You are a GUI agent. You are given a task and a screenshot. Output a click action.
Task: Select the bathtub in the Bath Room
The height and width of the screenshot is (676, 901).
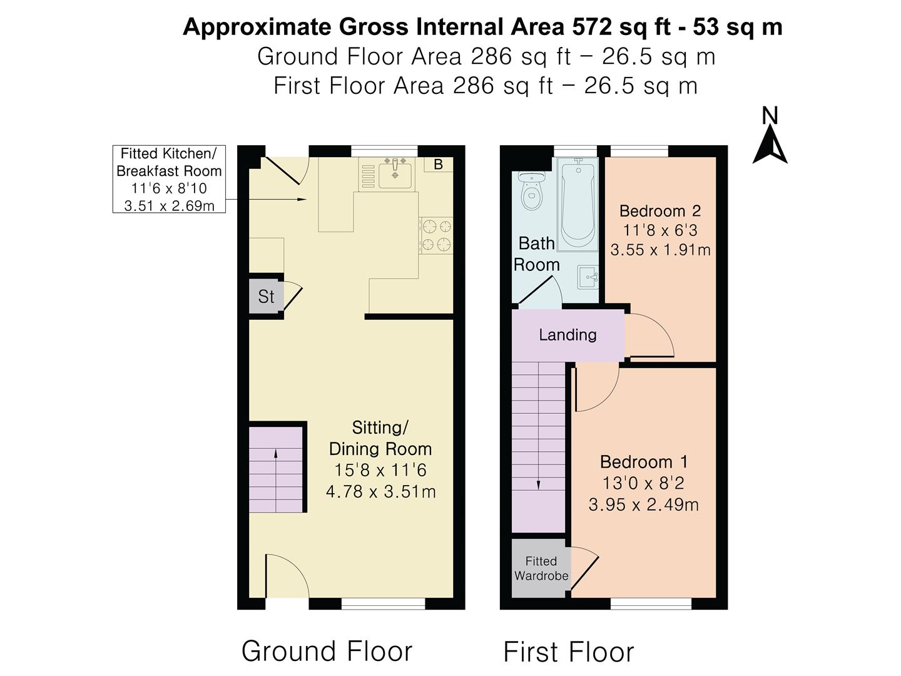(578, 204)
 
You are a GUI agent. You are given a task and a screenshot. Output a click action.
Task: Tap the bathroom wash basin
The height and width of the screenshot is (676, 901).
(588, 277)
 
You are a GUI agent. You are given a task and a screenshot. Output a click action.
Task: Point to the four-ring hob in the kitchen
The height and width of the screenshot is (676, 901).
(436, 235)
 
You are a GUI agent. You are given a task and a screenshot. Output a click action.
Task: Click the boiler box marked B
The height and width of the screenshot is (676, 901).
(439, 164)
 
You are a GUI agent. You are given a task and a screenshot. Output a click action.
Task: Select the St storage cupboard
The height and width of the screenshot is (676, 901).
(266, 296)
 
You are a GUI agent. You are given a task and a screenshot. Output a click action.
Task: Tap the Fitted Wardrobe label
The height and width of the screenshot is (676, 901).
(541, 568)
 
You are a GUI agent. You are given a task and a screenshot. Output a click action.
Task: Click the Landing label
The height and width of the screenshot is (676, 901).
(568, 335)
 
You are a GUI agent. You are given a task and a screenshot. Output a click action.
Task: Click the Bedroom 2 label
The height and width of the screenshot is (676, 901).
(659, 211)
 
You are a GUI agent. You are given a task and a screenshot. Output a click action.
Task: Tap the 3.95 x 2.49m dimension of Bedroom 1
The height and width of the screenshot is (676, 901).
(644, 504)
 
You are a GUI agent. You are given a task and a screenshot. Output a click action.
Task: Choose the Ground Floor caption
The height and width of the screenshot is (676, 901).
(327, 651)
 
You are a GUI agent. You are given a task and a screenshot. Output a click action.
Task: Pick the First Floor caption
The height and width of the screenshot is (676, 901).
(569, 652)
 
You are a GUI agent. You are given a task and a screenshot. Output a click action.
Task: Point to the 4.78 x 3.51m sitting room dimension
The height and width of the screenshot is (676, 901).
(380, 491)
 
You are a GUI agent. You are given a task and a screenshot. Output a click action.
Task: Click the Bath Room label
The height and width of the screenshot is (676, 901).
(536, 254)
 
